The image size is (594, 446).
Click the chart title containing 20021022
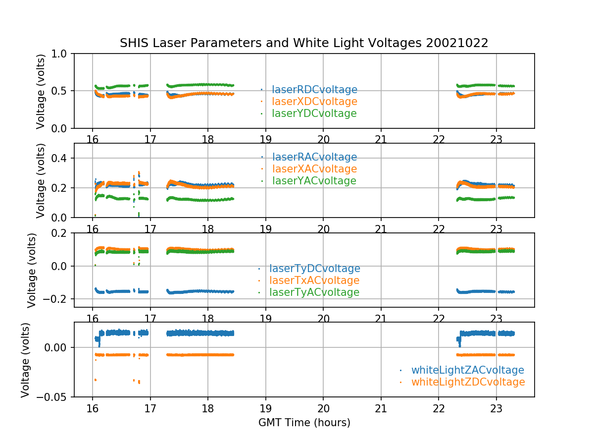[x=304, y=43]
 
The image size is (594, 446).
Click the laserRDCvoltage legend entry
[x=314, y=90]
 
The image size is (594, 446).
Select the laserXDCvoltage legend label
[x=314, y=102]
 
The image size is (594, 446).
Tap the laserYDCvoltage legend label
[x=314, y=113]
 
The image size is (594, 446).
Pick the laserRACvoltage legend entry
[x=314, y=157]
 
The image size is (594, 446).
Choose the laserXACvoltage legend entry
[x=314, y=169]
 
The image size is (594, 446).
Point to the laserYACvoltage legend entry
[x=314, y=181]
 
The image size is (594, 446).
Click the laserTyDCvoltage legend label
[x=314, y=269]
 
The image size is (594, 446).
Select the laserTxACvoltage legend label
[x=314, y=280]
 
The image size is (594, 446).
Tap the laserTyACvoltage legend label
[x=314, y=292]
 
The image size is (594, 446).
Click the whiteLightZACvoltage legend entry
[x=467, y=370]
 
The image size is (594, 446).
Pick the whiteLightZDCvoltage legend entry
[x=468, y=382]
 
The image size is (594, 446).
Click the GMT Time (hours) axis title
[x=304, y=423]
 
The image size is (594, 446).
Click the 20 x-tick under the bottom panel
[x=323, y=408]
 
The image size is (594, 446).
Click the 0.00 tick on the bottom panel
[x=57, y=347]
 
